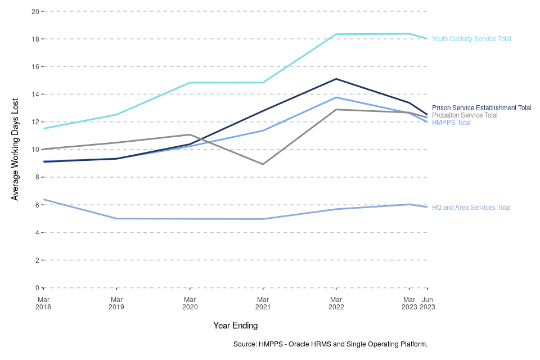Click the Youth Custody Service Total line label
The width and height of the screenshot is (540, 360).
pos(471,39)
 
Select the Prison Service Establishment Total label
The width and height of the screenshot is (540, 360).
pos(481,108)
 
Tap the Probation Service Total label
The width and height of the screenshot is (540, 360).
pos(465,115)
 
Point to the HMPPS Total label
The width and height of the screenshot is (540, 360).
pos(451,123)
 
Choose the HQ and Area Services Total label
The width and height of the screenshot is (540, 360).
pos(471,208)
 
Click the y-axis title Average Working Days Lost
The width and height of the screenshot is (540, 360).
pos(15,150)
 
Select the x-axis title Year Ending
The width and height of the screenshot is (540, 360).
pos(235,326)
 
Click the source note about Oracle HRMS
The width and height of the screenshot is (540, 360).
pos(330,344)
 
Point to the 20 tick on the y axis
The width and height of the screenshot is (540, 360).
pos(35,11)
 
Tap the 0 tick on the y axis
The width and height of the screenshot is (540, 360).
pos(37,288)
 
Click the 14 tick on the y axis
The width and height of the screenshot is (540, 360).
pos(35,94)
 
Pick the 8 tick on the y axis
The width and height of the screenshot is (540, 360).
pos(37,177)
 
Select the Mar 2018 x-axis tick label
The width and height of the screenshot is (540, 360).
pos(43,303)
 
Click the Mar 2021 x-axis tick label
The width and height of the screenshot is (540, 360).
pos(263,303)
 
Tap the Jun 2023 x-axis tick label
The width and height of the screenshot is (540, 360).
pos(427,303)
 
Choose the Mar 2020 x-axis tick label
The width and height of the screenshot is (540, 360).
pos(190,303)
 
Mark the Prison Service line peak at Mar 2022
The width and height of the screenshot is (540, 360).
pos(336,79)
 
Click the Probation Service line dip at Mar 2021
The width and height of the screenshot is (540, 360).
pos(263,164)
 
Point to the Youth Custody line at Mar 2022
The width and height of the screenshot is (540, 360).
pos(336,34)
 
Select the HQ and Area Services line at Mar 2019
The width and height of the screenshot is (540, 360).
pos(116,218)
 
